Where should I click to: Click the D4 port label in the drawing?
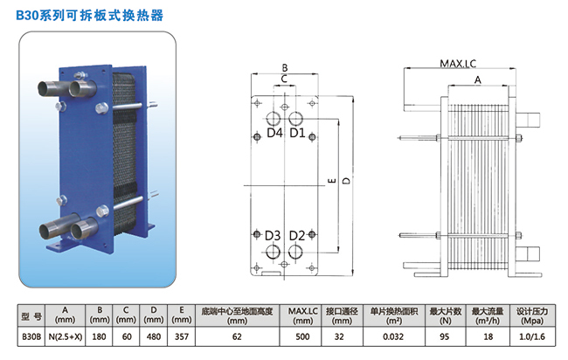tap(274, 134)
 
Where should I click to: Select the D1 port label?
tap(297, 134)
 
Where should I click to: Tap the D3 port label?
tap(273, 236)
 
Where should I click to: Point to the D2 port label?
tap(297, 236)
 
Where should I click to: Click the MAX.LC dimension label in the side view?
tap(458, 65)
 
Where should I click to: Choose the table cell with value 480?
tap(155, 334)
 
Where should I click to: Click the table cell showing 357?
tap(181, 334)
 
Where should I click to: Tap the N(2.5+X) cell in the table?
tap(66, 334)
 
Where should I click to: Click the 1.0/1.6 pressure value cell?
tap(531, 334)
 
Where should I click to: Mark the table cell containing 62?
tap(238, 334)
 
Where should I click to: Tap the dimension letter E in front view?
tap(330, 181)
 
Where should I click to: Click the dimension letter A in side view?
tap(477, 80)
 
